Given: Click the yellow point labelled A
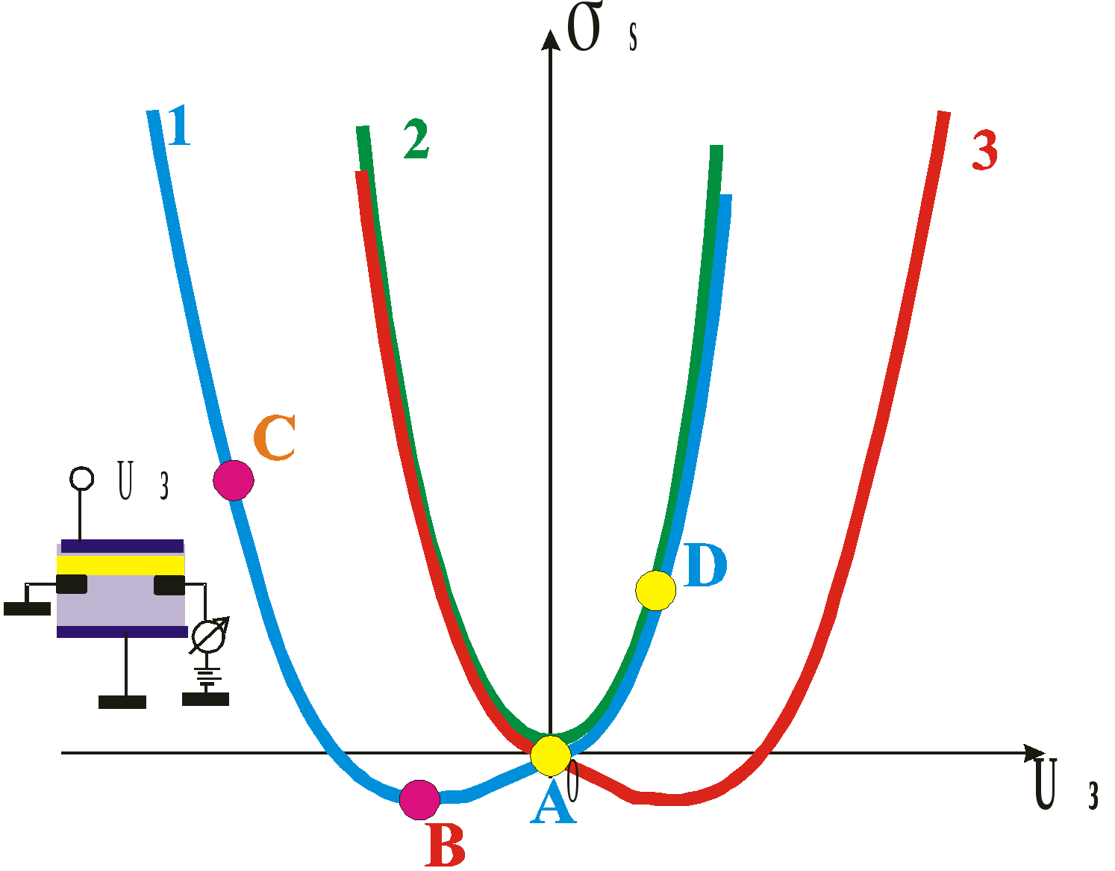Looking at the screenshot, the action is [x=551, y=755].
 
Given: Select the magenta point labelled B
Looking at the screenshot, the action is [x=419, y=800].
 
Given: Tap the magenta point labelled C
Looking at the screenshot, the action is [x=234, y=480].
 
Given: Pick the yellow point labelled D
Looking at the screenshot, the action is [x=656, y=590].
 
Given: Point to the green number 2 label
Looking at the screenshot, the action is [x=416, y=139].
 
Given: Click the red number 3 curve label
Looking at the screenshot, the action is [x=985, y=150].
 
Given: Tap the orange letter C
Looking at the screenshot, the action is [x=275, y=438].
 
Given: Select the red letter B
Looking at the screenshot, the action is [x=446, y=846].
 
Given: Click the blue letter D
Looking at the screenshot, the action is [x=705, y=565].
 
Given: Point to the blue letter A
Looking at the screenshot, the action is [x=552, y=807].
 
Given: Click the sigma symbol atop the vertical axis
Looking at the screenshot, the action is [x=584, y=28].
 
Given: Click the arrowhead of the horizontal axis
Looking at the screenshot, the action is [x=1034, y=753].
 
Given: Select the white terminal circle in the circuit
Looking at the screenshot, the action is [x=81, y=478].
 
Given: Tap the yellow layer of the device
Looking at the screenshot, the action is [x=121, y=564].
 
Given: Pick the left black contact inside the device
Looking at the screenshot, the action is [x=72, y=584].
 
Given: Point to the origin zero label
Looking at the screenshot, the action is [x=573, y=780].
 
